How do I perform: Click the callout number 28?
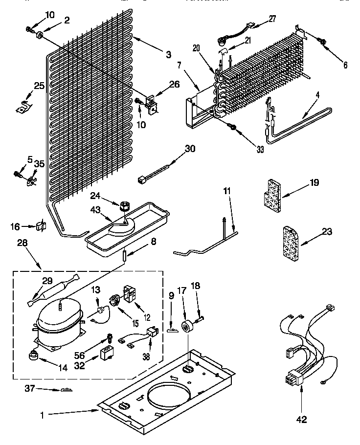(22, 243)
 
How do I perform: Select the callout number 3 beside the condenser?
(168, 55)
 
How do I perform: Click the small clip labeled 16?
(41, 226)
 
